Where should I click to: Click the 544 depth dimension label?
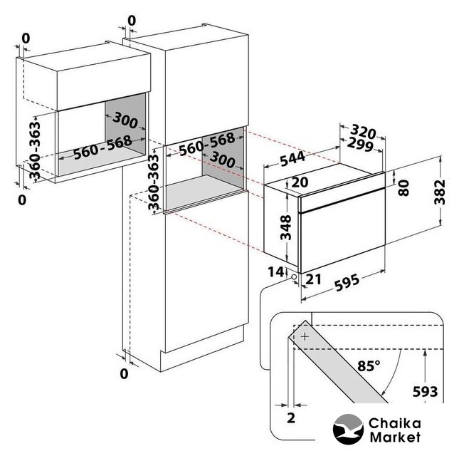[x=292, y=159]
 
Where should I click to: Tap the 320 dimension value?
[x=363, y=131]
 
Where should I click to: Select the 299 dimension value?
[x=360, y=145]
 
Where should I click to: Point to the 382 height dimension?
[x=440, y=192]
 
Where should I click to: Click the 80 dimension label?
[x=403, y=188]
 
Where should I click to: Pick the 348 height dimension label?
[x=286, y=227]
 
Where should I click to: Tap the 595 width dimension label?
[x=347, y=282]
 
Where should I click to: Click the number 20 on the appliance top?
[x=300, y=182]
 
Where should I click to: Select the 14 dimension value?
[x=275, y=272]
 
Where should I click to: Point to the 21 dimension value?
[x=314, y=279]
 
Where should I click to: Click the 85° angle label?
[x=369, y=366]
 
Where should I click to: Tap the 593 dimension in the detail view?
[x=425, y=392]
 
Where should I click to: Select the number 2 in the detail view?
[x=291, y=418]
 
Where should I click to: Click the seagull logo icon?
[x=348, y=430]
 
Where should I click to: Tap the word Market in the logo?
[x=395, y=437]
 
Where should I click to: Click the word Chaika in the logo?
[x=395, y=423]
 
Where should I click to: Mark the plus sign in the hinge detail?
[x=305, y=336]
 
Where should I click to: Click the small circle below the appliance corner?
[x=294, y=276]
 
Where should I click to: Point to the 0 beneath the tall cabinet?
[x=124, y=374]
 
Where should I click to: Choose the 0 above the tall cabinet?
[x=132, y=21]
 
